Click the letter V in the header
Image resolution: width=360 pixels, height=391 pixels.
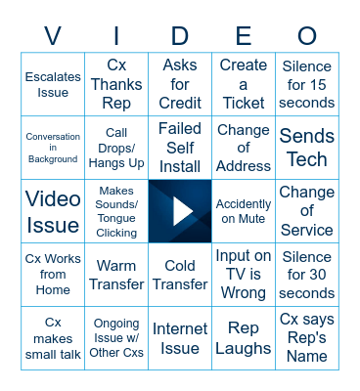pyautogui.click(x=53, y=36)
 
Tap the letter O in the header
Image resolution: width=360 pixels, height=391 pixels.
pyautogui.click(x=307, y=36)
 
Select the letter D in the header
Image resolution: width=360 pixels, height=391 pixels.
pyautogui.click(x=180, y=36)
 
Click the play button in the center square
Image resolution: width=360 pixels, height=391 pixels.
pyautogui.click(x=180, y=211)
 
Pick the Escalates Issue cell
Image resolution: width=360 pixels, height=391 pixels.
pyautogui.click(x=53, y=84)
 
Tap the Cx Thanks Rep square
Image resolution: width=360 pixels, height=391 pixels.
pyautogui.click(x=116, y=84)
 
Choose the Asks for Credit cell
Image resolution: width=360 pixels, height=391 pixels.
pyautogui.click(x=180, y=84)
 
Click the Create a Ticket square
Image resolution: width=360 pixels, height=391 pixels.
pyautogui.click(x=244, y=84)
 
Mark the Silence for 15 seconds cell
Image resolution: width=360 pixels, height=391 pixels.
pyautogui.click(x=307, y=84)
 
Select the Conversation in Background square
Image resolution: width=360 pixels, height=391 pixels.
pyautogui.click(x=53, y=148)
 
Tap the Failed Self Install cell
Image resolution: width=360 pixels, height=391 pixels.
pyautogui.click(x=180, y=148)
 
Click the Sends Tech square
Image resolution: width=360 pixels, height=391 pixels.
pyautogui.click(x=307, y=148)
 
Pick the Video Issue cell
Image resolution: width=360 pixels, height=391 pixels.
pyautogui.click(x=53, y=211)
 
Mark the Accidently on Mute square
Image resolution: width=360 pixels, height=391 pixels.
pyautogui.click(x=244, y=211)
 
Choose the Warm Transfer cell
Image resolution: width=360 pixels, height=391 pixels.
pyautogui.click(x=116, y=275)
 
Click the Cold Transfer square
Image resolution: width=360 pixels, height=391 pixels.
pyautogui.click(x=180, y=275)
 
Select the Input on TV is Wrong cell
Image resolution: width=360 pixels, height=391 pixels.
pyautogui.click(x=244, y=275)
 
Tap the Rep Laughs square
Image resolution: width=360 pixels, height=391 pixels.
pyautogui.click(x=244, y=338)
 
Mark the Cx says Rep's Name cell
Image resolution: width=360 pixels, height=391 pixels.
pyautogui.click(x=307, y=338)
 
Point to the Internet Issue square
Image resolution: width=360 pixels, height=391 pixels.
pyautogui.click(x=180, y=338)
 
